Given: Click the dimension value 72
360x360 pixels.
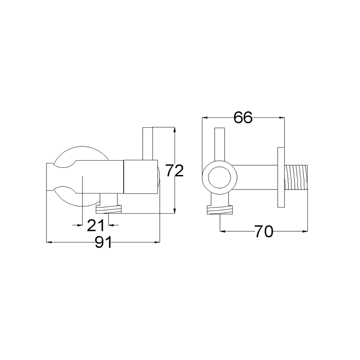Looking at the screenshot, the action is pos(175,171).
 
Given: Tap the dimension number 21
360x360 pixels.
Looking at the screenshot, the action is pos(96,225).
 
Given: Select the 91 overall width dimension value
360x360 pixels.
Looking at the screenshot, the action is pos(103,242).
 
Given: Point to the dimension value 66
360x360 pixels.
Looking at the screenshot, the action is pos(243,117).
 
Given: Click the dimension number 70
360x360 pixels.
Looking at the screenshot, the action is pos(264,231).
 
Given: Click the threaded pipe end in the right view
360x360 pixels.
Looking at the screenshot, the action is pos(296,177).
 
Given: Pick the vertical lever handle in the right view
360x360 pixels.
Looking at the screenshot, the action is pos(220,144).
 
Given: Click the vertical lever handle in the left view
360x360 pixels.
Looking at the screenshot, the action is pos(148,143).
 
